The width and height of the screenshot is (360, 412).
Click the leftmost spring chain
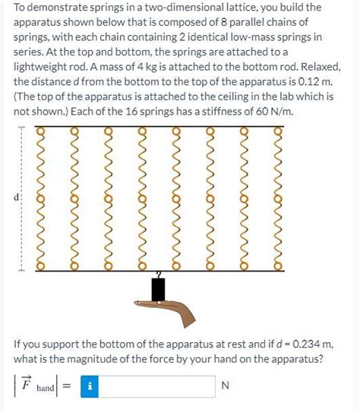(x=41, y=200)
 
